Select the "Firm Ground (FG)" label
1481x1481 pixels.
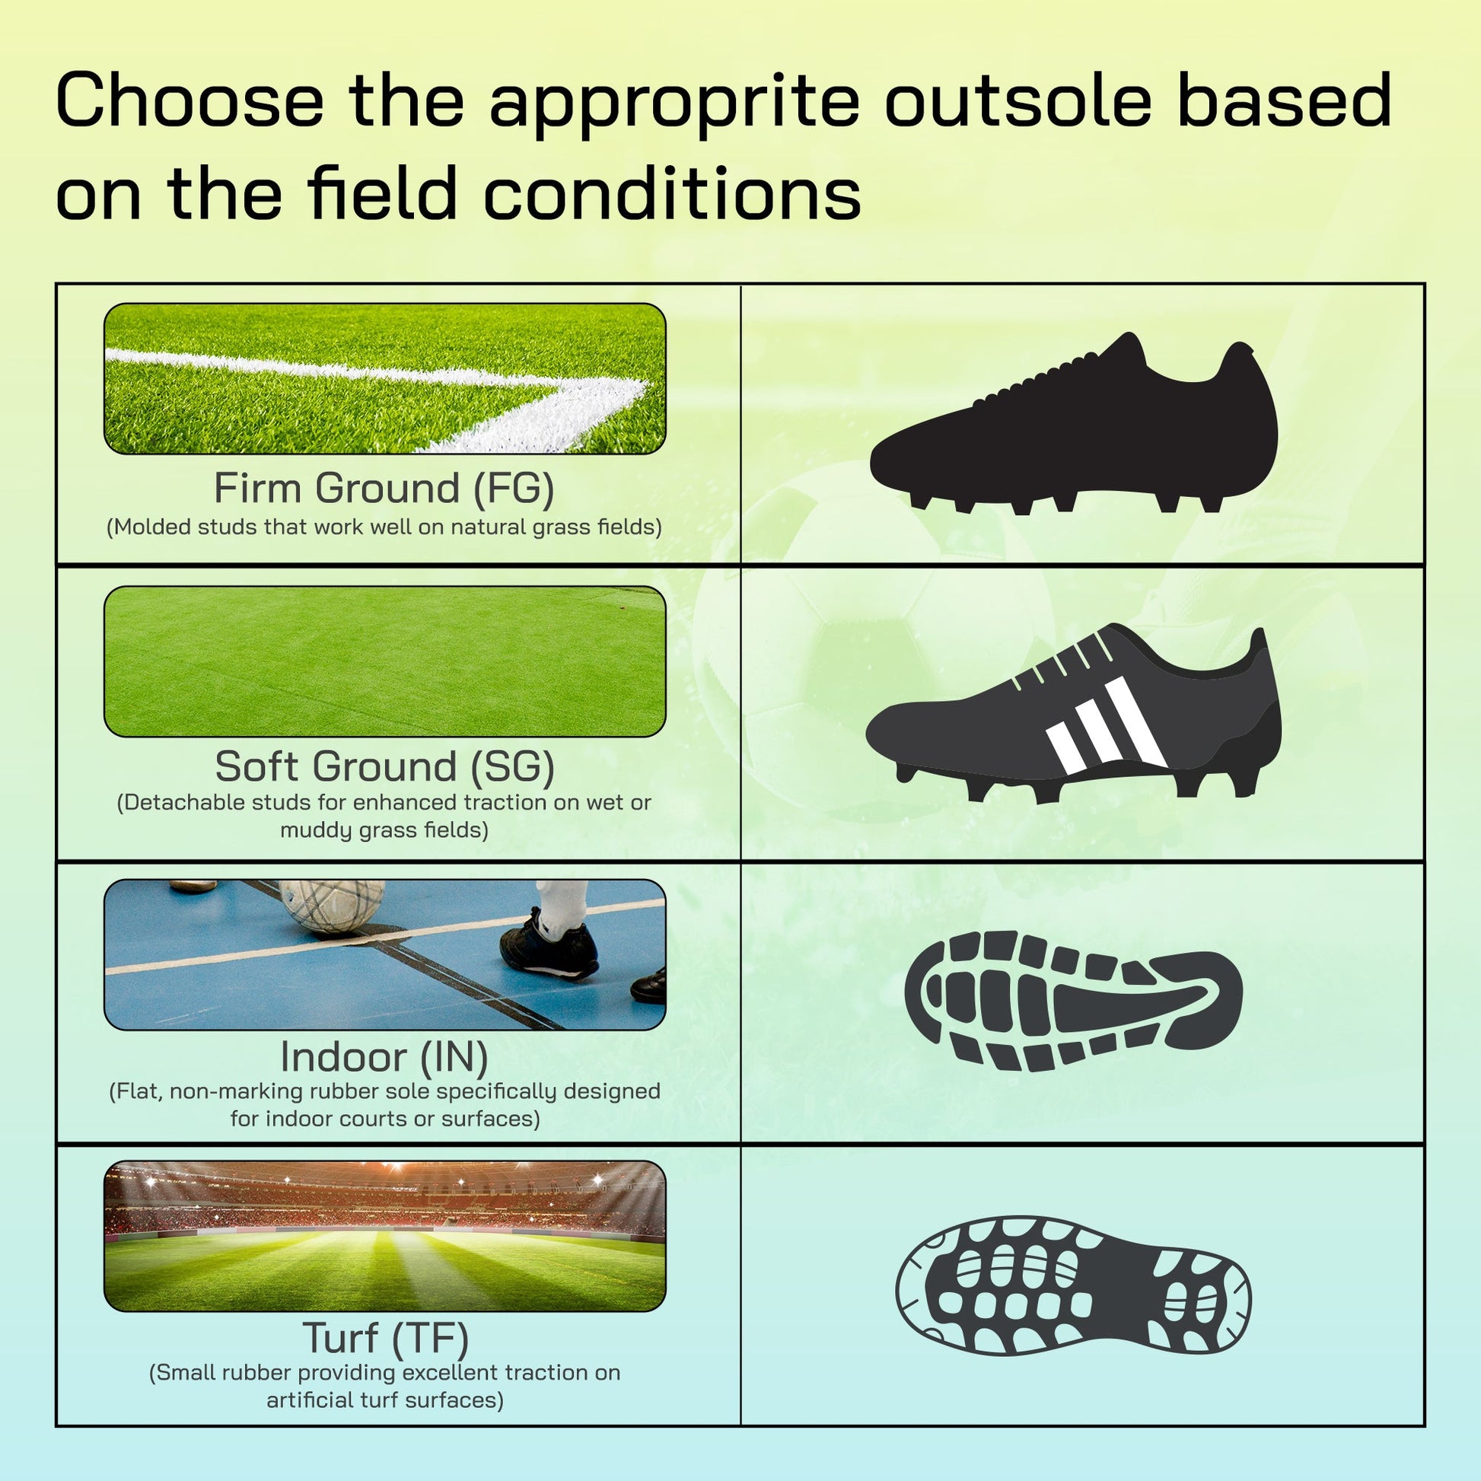pyautogui.click(x=384, y=489)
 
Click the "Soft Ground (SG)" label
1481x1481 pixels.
pyautogui.click(x=384, y=766)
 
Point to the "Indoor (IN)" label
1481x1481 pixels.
pyautogui.click(x=384, y=1056)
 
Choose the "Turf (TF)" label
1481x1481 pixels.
pyautogui.click(x=385, y=1338)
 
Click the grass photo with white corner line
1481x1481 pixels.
pyautogui.click(x=385, y=379)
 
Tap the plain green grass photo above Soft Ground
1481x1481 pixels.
pyautogui.click(x=385, y=661)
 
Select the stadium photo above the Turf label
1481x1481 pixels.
pyautogui.click(x=385, y=1236)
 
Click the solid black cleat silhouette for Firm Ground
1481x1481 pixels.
pyautogui.click(x=1073, y=423)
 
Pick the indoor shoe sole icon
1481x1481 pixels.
pyautogui.click(x=1073, y=1001)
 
